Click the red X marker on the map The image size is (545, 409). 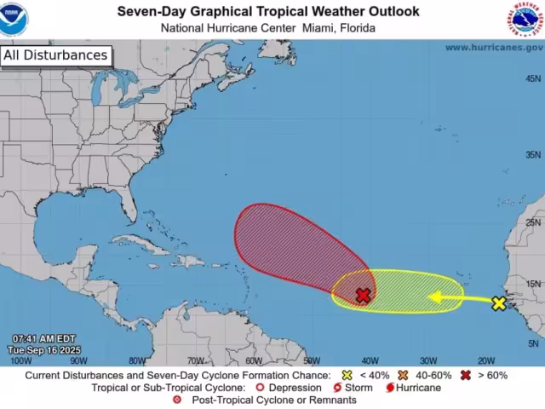coord(364,296)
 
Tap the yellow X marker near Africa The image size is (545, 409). coord(499,303)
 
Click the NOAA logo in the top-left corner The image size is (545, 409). coord(14,20)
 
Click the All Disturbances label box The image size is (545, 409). coord(55,56)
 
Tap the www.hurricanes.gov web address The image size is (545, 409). coord(492,48)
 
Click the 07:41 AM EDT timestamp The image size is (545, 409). coord(43,339)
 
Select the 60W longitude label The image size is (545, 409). coord(253,360)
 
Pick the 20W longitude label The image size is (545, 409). coord(486,360)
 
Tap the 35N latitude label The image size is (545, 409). coord(533,155)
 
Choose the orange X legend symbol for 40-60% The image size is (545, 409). coord(401,375)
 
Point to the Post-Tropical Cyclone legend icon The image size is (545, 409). coord(177,400)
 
